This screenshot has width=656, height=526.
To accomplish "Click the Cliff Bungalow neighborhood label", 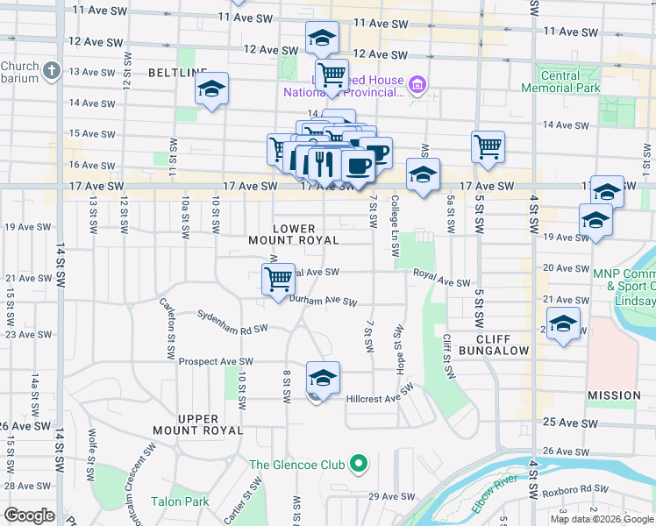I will pos(503,345).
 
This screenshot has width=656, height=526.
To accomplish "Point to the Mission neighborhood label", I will pos(615,395).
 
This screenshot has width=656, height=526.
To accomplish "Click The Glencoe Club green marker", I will pos(358,464).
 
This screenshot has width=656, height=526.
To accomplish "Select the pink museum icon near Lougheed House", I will pos(417,85).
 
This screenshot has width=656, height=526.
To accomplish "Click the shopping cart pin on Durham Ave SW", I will pos(278,279).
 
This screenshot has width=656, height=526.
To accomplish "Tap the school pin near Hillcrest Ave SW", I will pos(323,378).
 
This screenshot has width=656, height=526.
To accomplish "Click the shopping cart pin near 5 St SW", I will pos(488,146).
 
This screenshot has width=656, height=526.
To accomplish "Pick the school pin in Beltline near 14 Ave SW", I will pos(211,89).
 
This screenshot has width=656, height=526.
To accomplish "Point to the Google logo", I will pos(29,515).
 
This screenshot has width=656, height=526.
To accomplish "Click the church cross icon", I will pos(52,69).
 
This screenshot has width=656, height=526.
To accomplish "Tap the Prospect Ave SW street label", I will pos(216,361).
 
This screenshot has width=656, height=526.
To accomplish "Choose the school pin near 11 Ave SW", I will pos(322,38).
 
